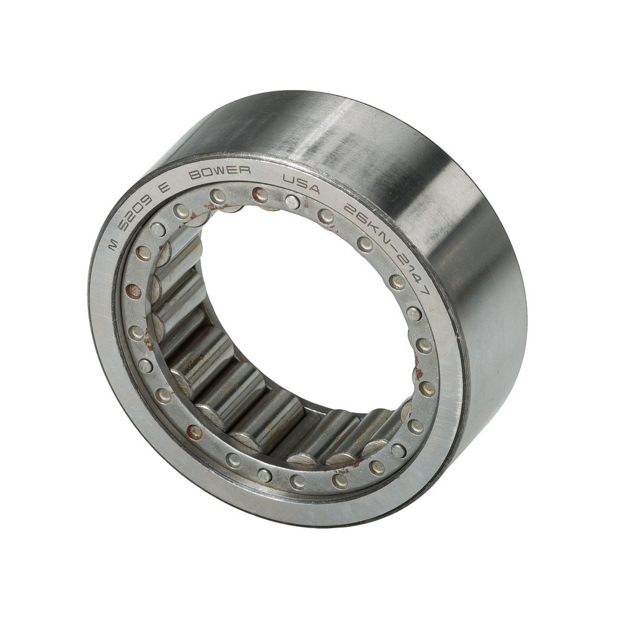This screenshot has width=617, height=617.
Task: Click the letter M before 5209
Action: point(114,246)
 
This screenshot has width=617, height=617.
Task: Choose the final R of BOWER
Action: point(246,171)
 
